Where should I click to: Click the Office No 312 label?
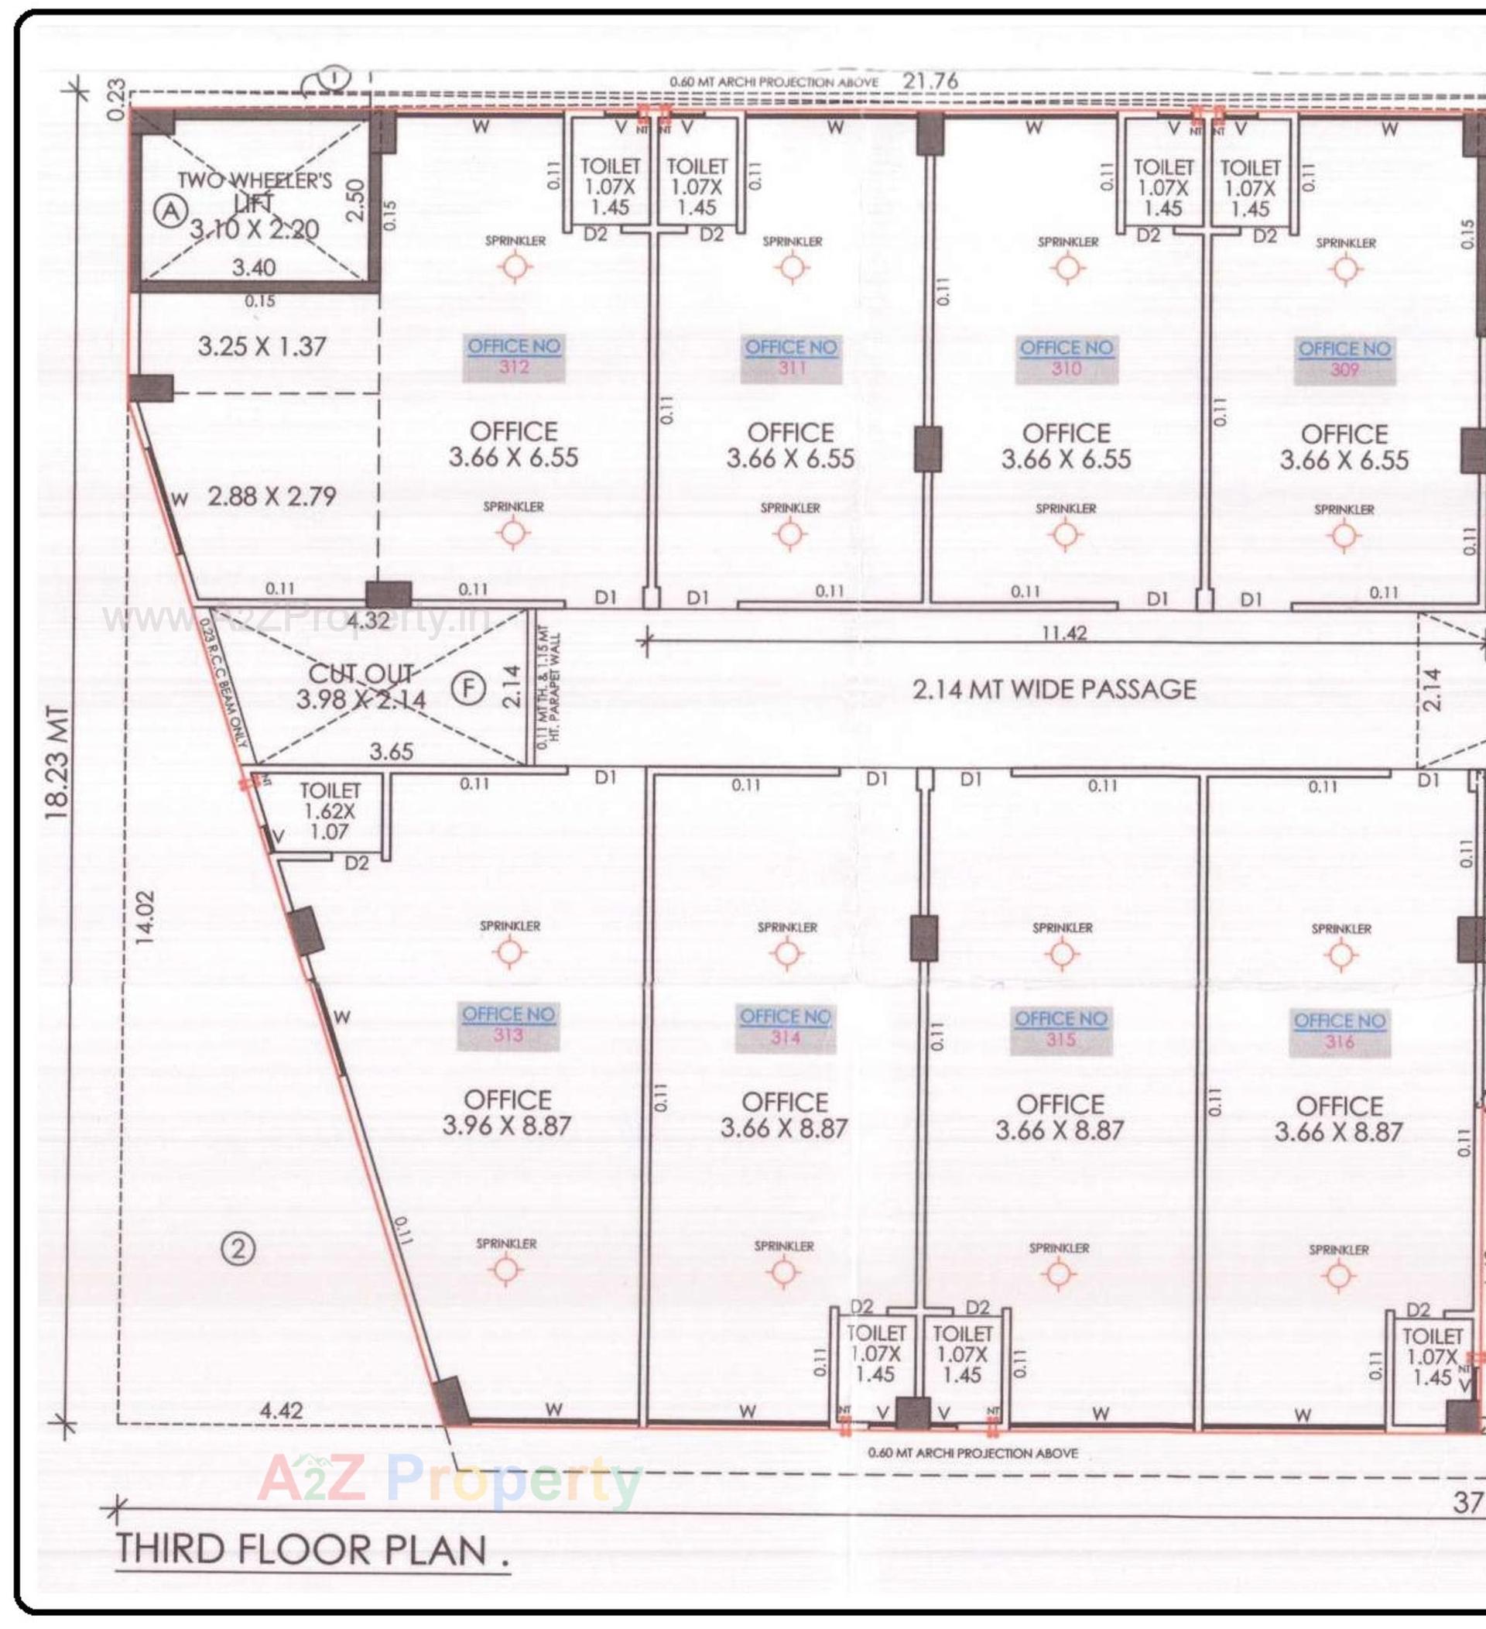pos(514,357)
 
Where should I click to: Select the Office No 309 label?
pos(1344,359)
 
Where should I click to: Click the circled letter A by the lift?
pos(170,212)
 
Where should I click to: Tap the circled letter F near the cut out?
pos(468,689)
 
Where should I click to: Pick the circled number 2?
pos(238,1249)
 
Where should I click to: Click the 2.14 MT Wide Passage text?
pos(1055,689)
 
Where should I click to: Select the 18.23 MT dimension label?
pos(58,763)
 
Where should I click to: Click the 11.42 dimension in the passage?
pos(1063,633)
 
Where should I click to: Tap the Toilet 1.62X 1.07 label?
pos(330,811)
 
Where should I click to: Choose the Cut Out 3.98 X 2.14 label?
pos(361,687)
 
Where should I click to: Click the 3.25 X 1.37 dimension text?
pos(262,347)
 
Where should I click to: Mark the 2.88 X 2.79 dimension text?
pos(272,496)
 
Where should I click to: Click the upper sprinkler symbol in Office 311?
pos(792,267)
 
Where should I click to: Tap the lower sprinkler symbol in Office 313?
pos(506,1271)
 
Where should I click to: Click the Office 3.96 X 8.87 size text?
pos(507,1113)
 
